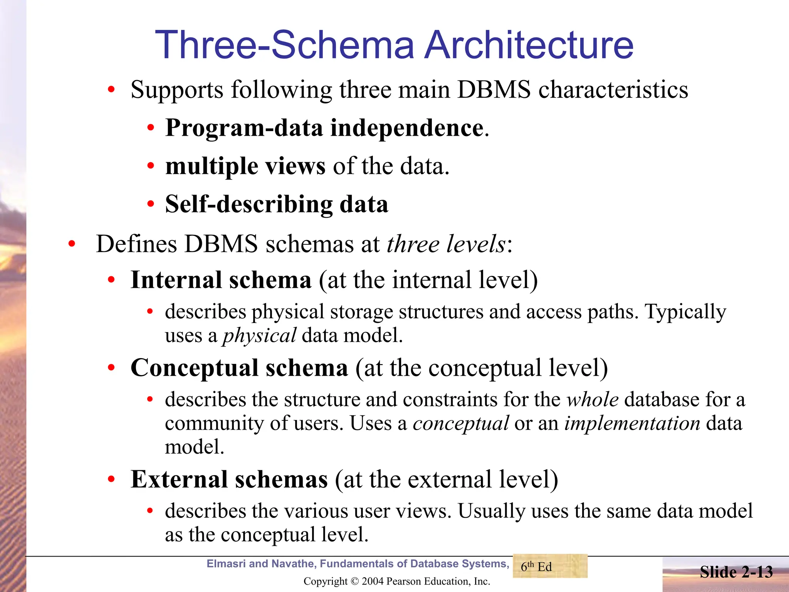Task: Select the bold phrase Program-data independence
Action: [324, 128]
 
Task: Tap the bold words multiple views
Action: [245, 166]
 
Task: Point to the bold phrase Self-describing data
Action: [277, 204]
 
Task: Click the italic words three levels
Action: [446, 244]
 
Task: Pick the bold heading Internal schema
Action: [221, 280]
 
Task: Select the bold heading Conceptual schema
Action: [239, 368]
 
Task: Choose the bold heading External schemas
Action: [229, 480]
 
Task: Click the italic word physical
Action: [259, 336]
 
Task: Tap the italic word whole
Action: [593, 400]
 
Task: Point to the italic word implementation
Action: [632, 424]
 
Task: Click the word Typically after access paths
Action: [685, 312]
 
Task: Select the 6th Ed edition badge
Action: [550, 566]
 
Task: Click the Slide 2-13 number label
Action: [736, 572]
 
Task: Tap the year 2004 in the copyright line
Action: [373, 581]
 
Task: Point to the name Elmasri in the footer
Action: [226, 564]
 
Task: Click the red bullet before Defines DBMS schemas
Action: [72, 244]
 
